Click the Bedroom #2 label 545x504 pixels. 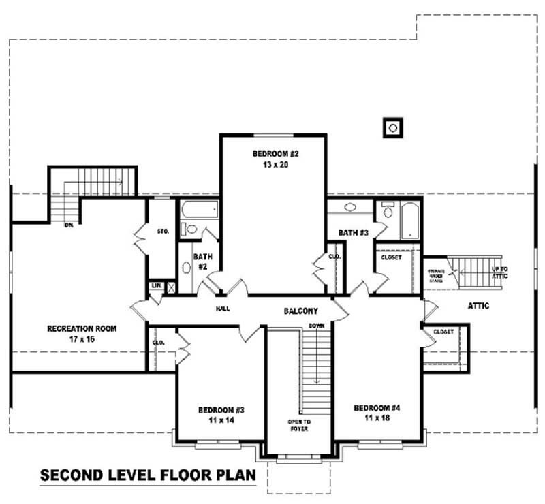click(275, 159)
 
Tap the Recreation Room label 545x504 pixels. click(82, 333)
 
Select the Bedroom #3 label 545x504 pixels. click(221, 415)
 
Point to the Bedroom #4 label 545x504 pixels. click(377, 412)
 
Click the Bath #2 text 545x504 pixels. click(202, 262)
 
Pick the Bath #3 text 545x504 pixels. click(353, 233)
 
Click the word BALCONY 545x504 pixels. click(301, 311)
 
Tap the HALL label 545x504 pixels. click(223, 309)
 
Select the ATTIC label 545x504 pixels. click(478, 306)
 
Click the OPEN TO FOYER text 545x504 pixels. click(298, 426)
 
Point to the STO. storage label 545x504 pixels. click(163, 232)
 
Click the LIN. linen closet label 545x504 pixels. click(156, 285)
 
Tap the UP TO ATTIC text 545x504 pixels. click(499, 273)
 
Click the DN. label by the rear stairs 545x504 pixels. click(69, 223)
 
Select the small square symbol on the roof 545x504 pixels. click(392, 127)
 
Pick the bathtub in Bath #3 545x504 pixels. click(410, 219)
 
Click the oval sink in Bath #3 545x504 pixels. click(350, 208)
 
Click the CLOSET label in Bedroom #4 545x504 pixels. click(443, 332)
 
